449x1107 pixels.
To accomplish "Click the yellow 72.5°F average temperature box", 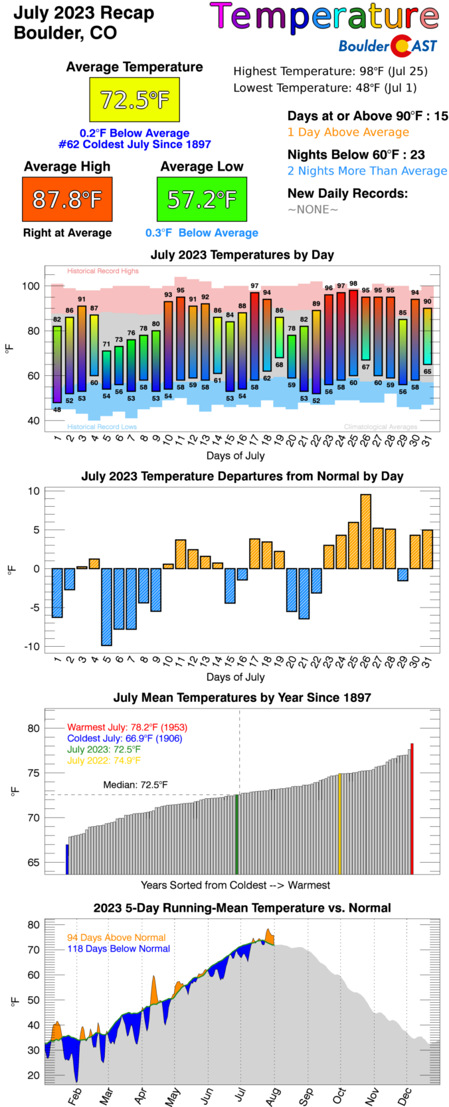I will pos(134,100).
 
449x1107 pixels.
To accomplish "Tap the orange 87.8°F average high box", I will pos(67,199).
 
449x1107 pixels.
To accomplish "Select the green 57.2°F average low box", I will pos(202,199).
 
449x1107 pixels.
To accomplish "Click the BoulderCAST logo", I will pos(388,46).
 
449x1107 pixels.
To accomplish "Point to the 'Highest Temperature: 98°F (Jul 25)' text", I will pos(330,71).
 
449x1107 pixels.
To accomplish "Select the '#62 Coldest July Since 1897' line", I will pos(134,144).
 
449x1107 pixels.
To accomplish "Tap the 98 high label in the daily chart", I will pos(353,284).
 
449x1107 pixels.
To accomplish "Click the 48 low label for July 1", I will pos(57,410).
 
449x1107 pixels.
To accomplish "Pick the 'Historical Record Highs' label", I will pos(103,271).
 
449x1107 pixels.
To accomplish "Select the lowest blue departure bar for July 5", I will pos(106,606).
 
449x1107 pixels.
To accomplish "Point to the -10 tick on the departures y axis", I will pos(33,646).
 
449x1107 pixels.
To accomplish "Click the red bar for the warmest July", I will pos(412,809).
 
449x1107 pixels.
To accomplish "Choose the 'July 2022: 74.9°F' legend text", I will pos(104,760).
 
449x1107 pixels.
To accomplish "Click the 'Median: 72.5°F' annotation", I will pos(135,785).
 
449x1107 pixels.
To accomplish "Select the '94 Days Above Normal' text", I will pos(116,938).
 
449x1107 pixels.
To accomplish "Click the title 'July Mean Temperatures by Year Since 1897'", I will pos(242,697).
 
